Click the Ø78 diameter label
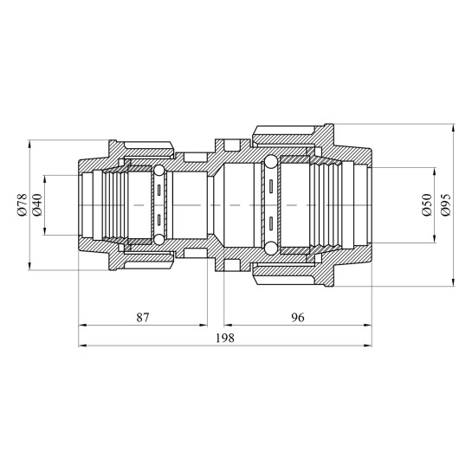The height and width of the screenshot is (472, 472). pyautogui.click(x=23, y=204)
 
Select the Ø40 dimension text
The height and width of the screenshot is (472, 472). pyautogui.click(x=37, y=204)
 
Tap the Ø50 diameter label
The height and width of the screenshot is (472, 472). pyautogui.click(x=427, y=204)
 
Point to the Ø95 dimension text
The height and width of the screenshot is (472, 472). pyautogui.click(x=445, y=204)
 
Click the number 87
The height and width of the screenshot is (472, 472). pyautogui.click(x=143, y=317)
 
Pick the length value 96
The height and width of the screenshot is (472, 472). pyautogui.click(x=298, y=317)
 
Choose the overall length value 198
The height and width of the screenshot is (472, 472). pyautogui.click(x=225, y=338)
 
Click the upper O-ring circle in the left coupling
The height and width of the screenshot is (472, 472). pyautogui.click(x=158, y=171)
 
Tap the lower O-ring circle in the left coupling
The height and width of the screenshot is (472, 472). pyautogui.click(x=158, y=240)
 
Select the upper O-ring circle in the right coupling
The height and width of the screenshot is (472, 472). pyautogui.click(x=270, y=162)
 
